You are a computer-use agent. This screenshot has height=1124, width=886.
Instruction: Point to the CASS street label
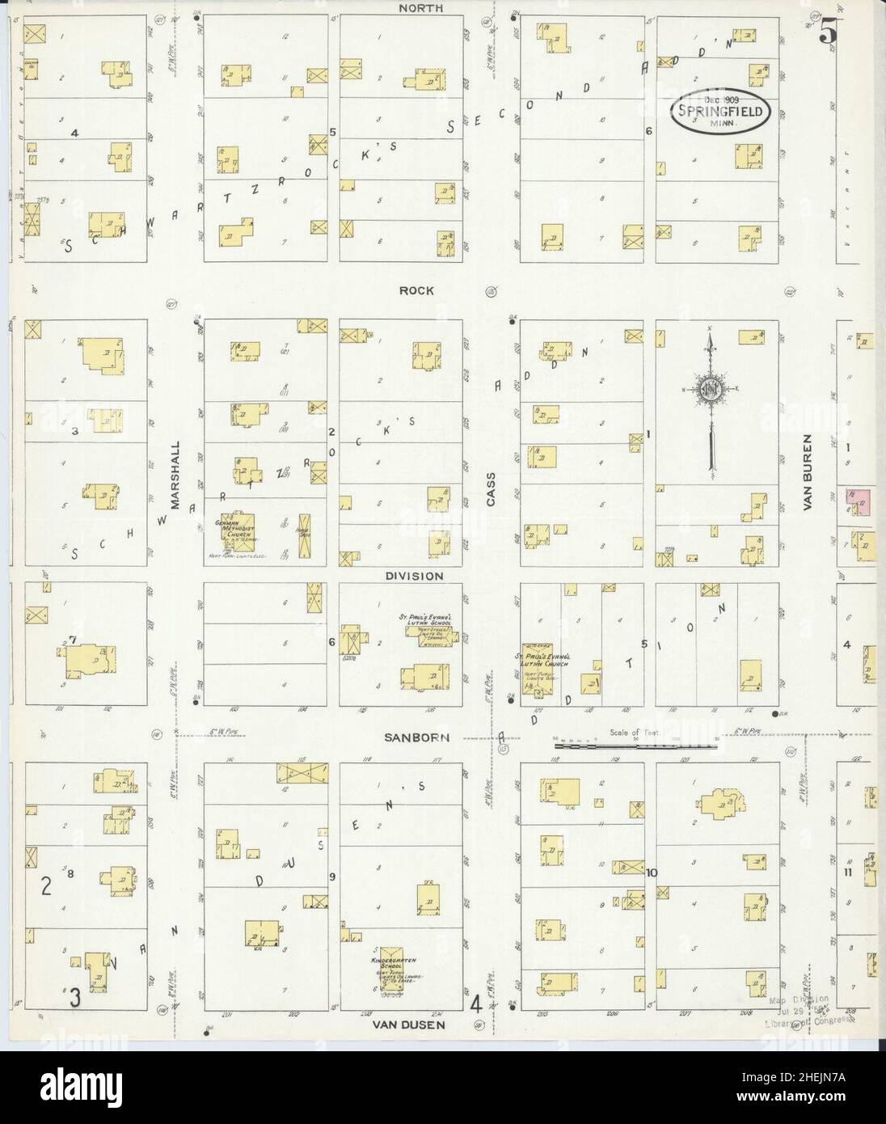tap(491, 490)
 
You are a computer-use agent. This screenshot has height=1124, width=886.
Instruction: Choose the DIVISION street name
tap(413, 576)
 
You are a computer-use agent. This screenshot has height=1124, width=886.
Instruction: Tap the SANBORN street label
tap(416, 737)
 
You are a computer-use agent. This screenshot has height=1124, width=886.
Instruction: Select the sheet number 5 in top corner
tap(826, 32)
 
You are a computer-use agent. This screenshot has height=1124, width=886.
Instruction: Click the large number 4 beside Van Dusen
tap(476, 1005)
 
